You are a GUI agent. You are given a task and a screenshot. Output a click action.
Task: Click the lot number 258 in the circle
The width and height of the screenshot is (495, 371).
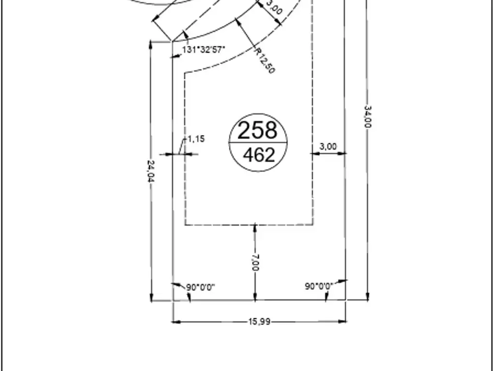(x=257, y=130)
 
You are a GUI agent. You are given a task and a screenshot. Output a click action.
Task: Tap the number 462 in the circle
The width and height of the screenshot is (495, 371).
(x=259, y=155)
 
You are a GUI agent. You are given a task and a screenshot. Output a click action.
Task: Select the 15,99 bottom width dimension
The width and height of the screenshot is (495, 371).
(x=259, y=322)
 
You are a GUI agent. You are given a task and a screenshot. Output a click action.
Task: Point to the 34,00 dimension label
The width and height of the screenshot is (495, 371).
(x=367, y=117)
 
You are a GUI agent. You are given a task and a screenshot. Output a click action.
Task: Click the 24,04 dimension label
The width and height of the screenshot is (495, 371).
(x=151, y=171)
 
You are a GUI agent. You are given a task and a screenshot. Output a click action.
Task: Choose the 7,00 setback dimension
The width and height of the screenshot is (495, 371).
(x=255, y=262)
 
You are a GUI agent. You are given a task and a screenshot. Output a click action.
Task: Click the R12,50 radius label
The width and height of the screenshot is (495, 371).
(x=264, y=60)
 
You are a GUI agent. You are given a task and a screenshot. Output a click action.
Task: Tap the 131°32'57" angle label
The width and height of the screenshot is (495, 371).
(x=204, y=50)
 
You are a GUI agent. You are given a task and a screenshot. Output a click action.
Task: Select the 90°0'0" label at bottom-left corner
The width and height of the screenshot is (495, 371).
(x=201, y=287)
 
